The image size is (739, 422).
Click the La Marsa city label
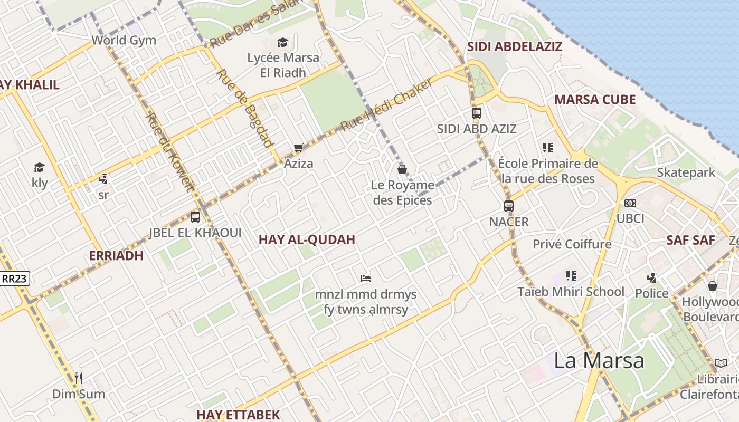(x=599, y=360)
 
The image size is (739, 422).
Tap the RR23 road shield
(x=15, y=279)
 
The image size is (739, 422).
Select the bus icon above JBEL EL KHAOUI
(x=195, y=217)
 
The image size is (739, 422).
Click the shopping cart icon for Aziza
(x=299, y=148)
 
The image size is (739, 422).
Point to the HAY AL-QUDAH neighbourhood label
(x=307, y=239)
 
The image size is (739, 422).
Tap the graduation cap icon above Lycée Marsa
(x=283, y=42)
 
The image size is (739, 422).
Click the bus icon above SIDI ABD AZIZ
(x=477, y=113)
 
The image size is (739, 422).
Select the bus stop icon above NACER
(x=509, y=206)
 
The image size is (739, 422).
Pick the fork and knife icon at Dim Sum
(x=79, y=378)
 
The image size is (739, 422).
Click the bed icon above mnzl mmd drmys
(x=365, y=278)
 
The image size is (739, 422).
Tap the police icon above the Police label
(x=651, y=277)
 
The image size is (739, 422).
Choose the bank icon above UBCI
(x=630, y=203)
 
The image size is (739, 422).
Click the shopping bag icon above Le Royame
(x=402, y=169)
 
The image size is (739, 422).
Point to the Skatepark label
(x=686, y=172)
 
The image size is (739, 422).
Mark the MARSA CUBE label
(x=594, y=100)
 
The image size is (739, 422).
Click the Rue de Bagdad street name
(x=245, y=108)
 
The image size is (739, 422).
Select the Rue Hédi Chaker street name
(x=386, y=104)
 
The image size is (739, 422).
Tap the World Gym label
(x=124, y=40)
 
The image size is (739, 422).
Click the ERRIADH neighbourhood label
(x=116, y=256)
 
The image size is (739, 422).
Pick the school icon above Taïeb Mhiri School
(x=571, y=275)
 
